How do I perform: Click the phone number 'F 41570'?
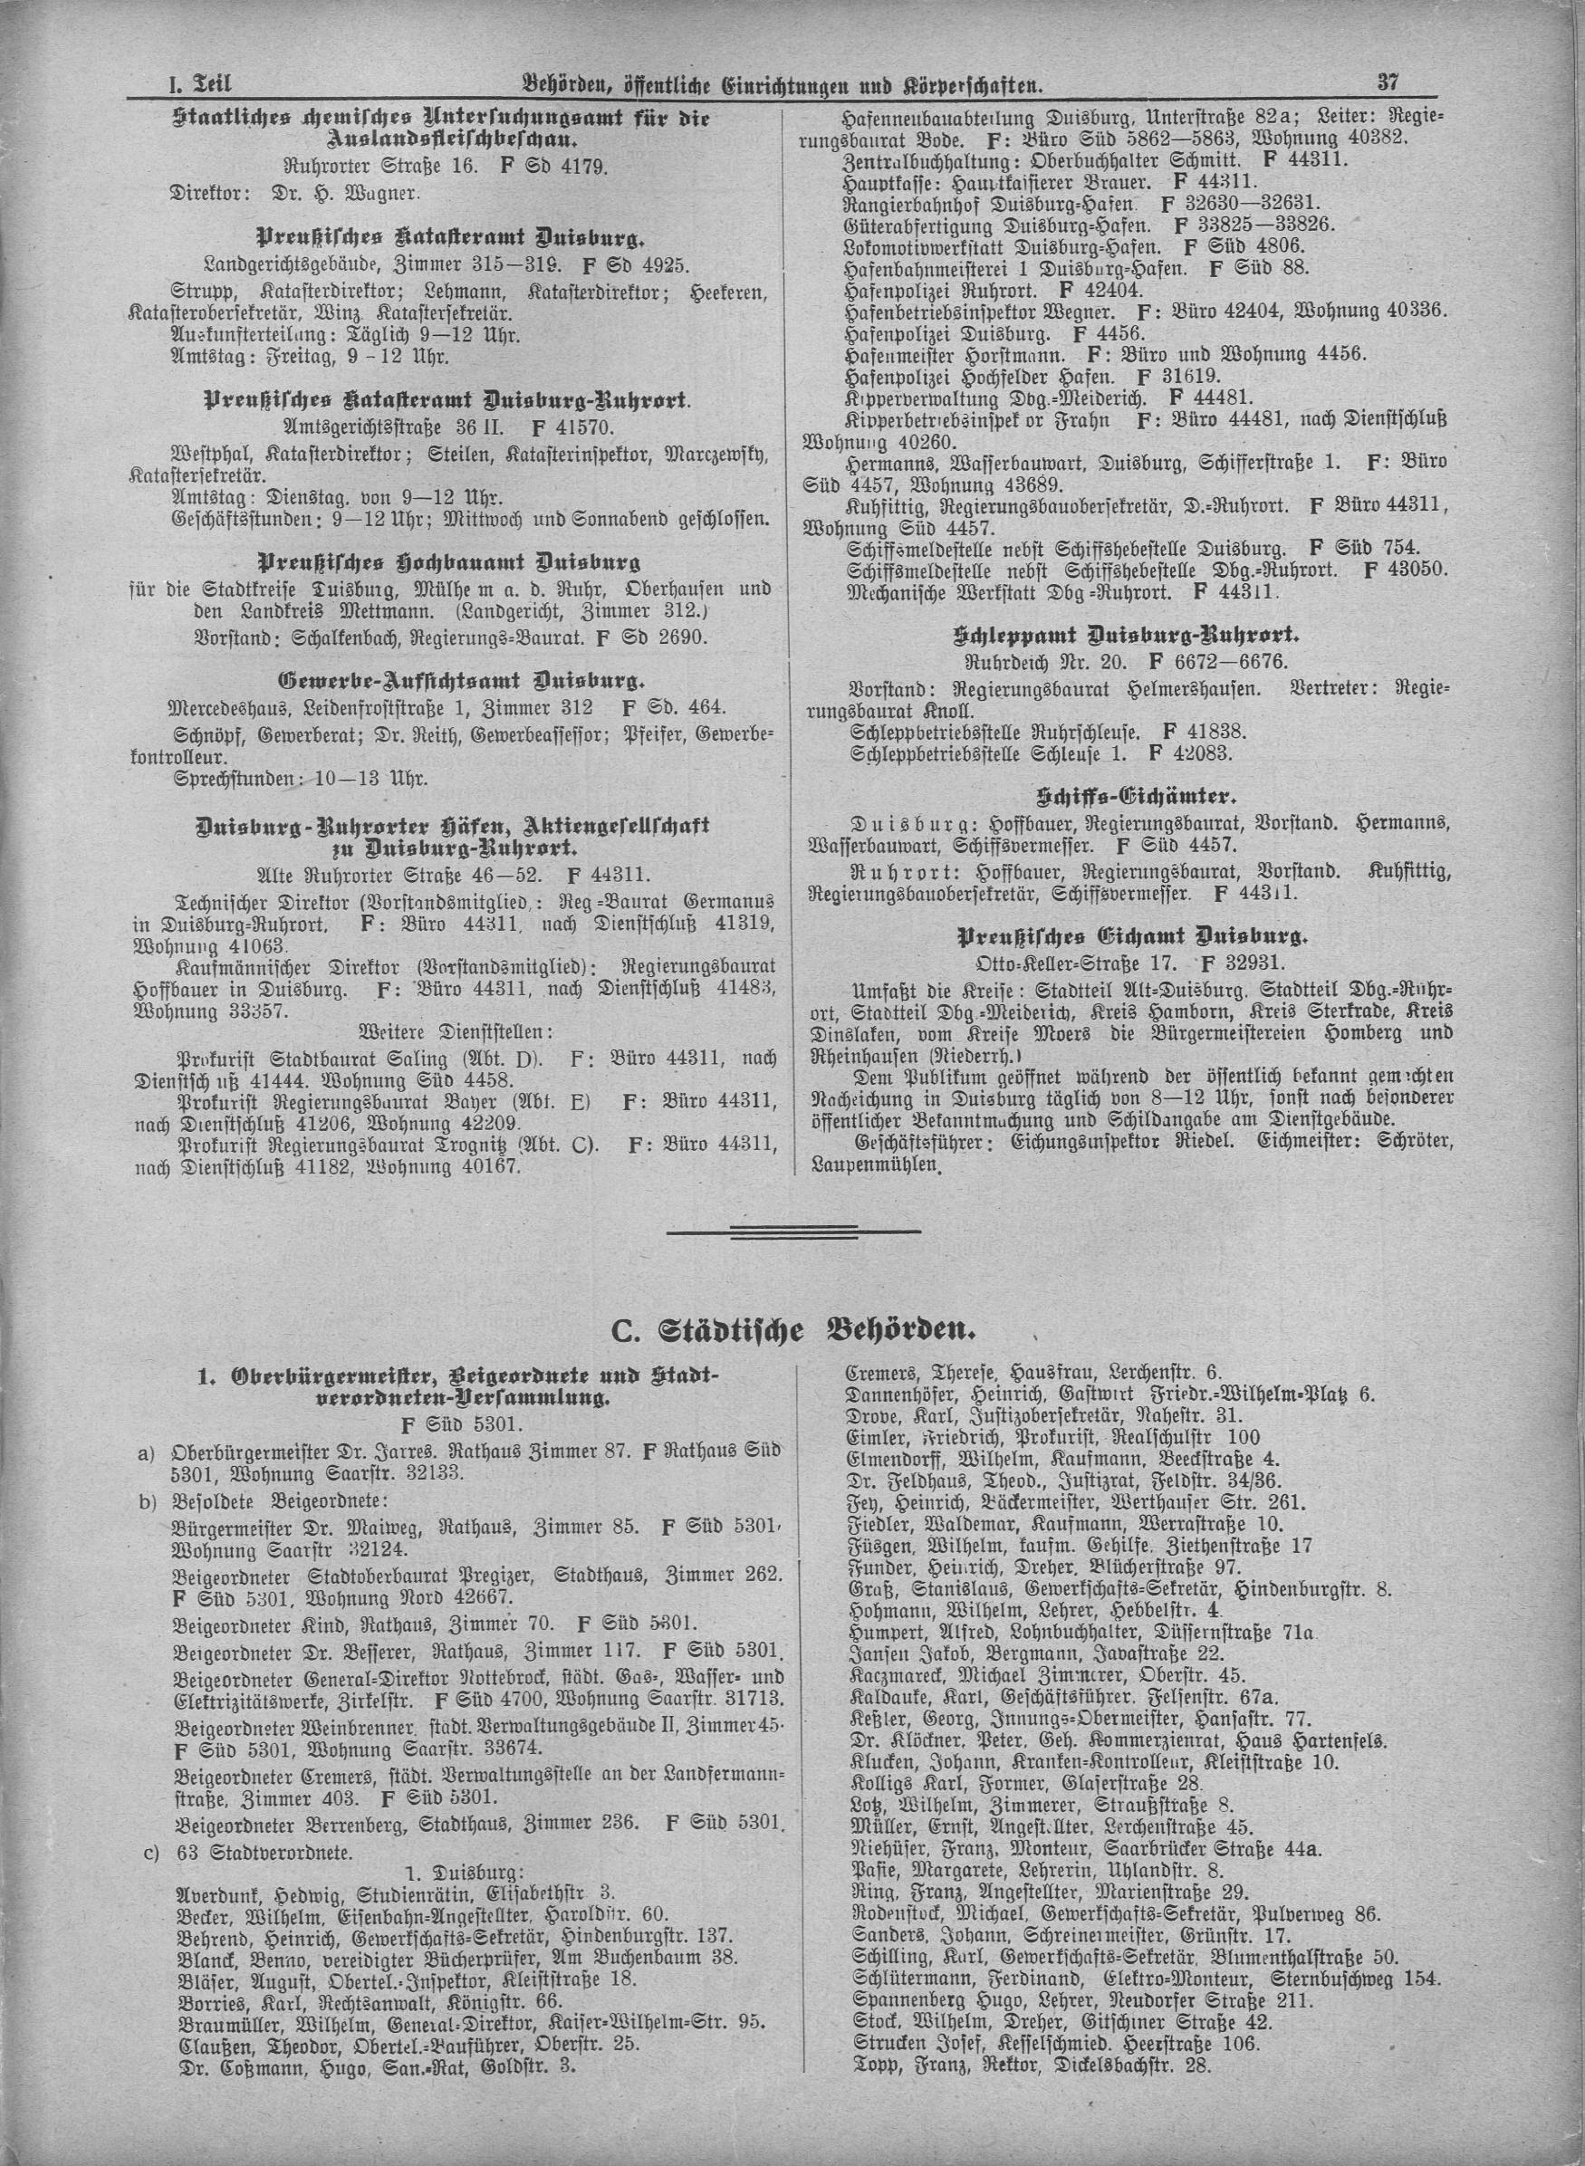coord(571,425)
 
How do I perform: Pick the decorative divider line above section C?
coord(792,1231)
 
